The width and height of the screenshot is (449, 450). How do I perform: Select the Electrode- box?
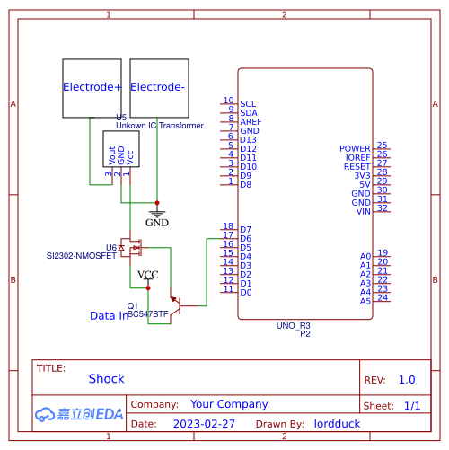(x=159, y=88)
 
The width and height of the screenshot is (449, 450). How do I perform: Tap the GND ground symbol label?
(x=157, y=222)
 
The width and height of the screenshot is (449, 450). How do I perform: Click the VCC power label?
(x=148, y=274)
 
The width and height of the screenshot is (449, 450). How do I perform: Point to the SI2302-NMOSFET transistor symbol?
(x=136, y=245)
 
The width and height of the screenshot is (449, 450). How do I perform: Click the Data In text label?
(x=110, y=316)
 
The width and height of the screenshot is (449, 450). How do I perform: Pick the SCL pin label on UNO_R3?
(x=248, y=104)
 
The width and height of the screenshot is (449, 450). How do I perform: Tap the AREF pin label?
(x=251, y=122)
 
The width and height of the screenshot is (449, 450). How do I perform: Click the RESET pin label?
(x=357, y=167)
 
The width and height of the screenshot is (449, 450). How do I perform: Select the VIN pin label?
(x=363, y=212)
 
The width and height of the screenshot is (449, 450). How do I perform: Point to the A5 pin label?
(x=365, y=301)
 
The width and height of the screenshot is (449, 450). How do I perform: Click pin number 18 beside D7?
(x=228, y=226)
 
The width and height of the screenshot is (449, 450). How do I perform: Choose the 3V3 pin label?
(x=362, y=176)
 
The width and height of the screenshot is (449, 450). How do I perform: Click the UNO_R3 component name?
(x=293, y=325)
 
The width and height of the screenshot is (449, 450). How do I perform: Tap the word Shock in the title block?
(x=106, y=379)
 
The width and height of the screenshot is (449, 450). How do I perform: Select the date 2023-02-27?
(x=204, y=423)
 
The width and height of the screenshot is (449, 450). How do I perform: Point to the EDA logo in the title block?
(x=79, y=414)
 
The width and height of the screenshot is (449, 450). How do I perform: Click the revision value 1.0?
(x=407, y=380)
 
